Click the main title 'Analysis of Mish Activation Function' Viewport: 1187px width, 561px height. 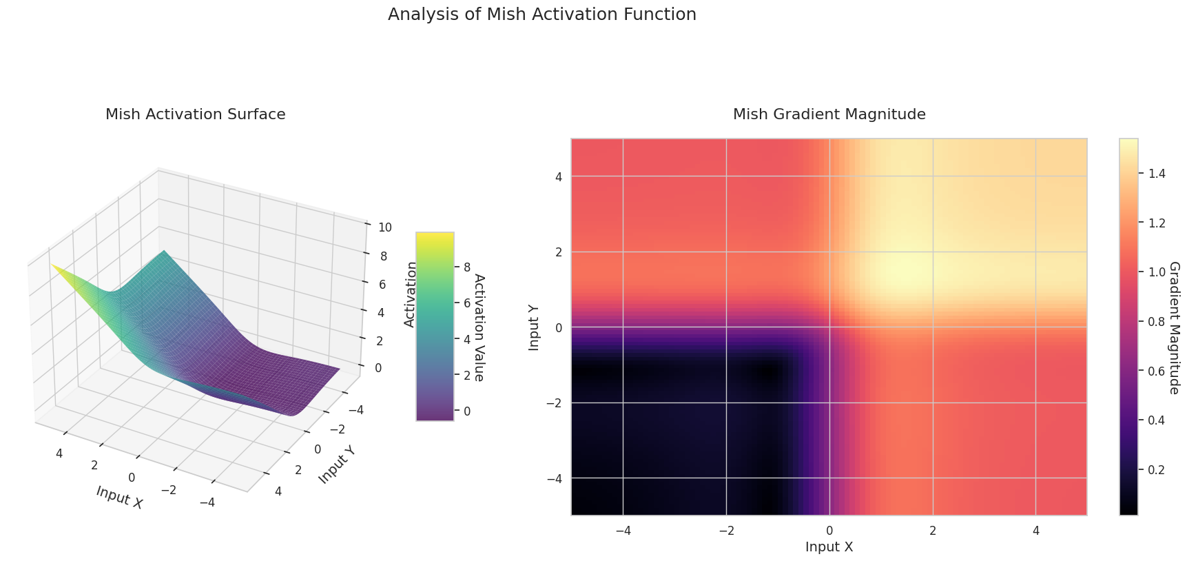coord(541,14)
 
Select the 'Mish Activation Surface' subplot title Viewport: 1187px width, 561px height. coord(195,114)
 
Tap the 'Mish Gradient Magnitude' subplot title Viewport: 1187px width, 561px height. coord(829,114)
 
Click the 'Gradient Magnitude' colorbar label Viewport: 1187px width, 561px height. coord(1175,327)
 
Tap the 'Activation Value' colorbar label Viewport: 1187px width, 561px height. coord(479,327)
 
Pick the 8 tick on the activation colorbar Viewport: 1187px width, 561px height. coord(466,267)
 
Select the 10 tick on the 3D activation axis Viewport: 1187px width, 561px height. coord(385,227)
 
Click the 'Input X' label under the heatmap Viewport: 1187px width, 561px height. coord(829,547)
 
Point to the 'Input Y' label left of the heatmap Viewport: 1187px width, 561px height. coord(534,327)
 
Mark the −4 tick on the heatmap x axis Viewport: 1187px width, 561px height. coord(623,531)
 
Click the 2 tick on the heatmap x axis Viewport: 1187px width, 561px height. coord(932,531)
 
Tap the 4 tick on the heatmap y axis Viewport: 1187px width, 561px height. coord(558,176)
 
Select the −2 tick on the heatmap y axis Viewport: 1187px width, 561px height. coord(554,402)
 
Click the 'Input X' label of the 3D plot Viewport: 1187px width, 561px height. coord(120,497)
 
